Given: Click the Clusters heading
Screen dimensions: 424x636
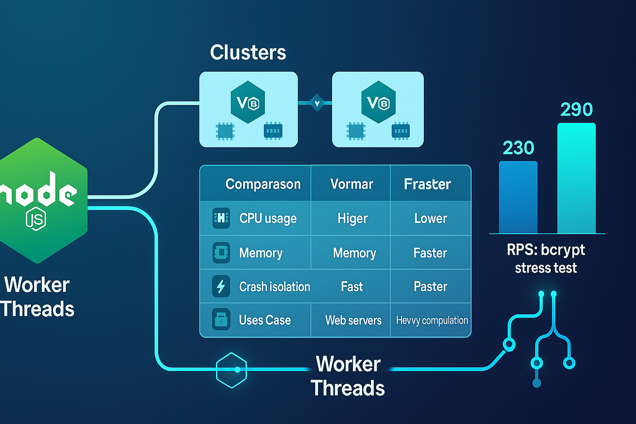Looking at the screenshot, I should [248, 52].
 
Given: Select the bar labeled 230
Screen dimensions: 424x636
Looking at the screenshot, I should [518, 197].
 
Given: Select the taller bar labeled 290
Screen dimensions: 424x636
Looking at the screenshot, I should [576, 178].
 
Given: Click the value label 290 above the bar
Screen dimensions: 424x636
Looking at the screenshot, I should [576, 110].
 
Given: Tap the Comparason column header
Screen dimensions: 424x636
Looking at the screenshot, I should [263, 184].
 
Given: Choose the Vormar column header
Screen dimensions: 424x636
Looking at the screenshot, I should [351, 184].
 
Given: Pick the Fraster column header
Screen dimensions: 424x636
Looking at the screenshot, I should [427, 184].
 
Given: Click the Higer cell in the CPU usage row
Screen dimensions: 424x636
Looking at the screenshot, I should [352, 218].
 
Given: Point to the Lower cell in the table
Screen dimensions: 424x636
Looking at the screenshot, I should [430, 218].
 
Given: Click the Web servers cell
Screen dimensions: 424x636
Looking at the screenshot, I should [353, 320].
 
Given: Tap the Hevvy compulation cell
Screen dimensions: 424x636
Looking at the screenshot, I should [432, 320].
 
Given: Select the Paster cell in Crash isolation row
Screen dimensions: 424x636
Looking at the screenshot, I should [430, 286].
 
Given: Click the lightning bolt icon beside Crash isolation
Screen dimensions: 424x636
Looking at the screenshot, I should [221, 286].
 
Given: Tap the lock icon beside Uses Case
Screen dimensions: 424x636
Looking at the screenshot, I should [221, 320].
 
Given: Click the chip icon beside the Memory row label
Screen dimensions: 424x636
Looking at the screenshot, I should [221, 253].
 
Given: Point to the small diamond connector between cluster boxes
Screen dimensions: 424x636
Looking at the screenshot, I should [317, 103].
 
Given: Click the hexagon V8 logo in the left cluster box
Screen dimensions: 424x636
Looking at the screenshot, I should [248, 102].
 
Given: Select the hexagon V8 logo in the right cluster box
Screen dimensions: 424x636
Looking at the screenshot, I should [378, 102].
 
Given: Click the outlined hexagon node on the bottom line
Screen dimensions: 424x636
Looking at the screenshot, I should [231, 370].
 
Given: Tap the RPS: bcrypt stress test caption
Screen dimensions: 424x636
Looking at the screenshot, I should [546, 259].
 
